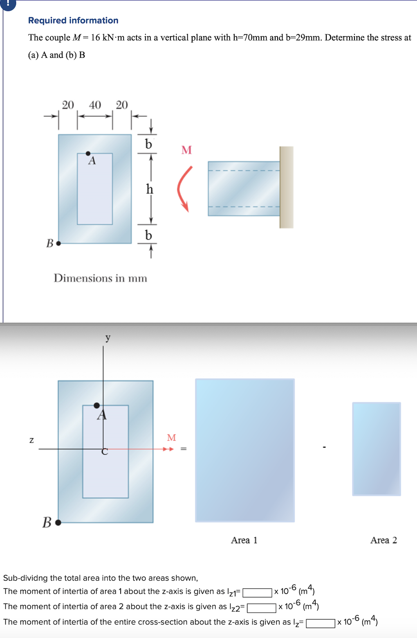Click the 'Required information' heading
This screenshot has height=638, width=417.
tap(73, 20)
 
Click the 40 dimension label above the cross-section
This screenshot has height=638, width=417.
tap(95, 105)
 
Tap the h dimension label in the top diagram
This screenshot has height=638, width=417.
tap(149, 189)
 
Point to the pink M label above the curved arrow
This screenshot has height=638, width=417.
tap(186, 150)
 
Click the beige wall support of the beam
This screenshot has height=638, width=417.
tap(286, 187)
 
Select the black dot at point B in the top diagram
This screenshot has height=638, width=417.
tap(58, 243)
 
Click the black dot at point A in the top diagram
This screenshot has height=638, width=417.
tap(88, 154)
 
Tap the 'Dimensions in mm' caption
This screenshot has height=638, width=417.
tap(101, 278)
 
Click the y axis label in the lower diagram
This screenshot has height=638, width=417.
tap(108, 338)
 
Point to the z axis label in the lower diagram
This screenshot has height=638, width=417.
tap(31, 440)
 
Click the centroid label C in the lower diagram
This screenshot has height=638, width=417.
tap(105, 451)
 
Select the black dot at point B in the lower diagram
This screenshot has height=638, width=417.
tap(58, 523)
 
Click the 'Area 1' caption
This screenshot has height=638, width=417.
tap(244, 540)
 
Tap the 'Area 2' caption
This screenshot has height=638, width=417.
tap(383, 540)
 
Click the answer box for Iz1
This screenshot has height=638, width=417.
tap(257, 593)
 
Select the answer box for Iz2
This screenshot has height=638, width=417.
tap(261, 608)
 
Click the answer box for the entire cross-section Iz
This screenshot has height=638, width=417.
tap(320, 623)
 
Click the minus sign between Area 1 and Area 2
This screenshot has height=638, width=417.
tap(324, 447)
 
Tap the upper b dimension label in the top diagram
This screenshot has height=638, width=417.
tap(148, 144)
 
